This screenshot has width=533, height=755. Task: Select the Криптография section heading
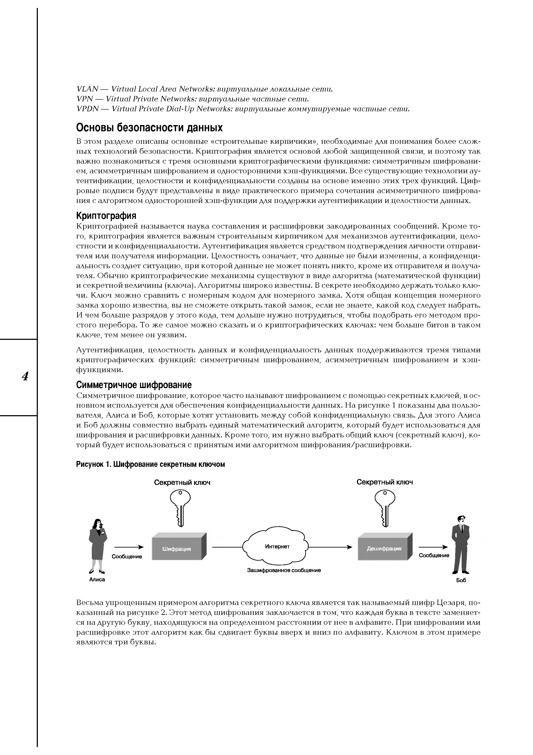click(x=106, y=216)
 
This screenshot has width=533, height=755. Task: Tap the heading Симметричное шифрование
click(x=134, y=385)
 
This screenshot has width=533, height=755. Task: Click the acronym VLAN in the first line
click(x=87, y=89)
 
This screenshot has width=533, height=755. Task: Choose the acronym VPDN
click(x=88, y=109)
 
